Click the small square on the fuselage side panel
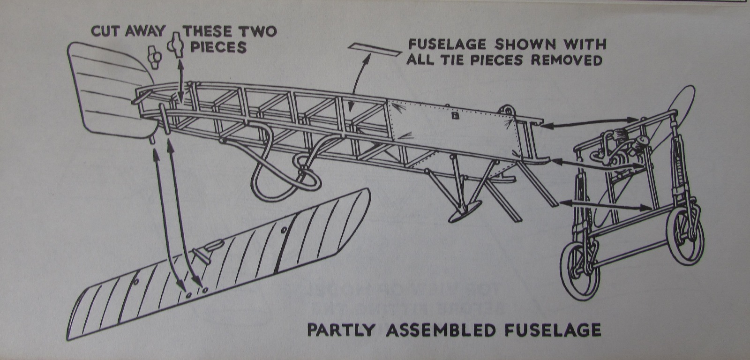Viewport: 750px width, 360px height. pyautogui.click(x=453, y=115)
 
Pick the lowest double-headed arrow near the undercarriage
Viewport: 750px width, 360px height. pyautogui.click(x=605, y=203)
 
